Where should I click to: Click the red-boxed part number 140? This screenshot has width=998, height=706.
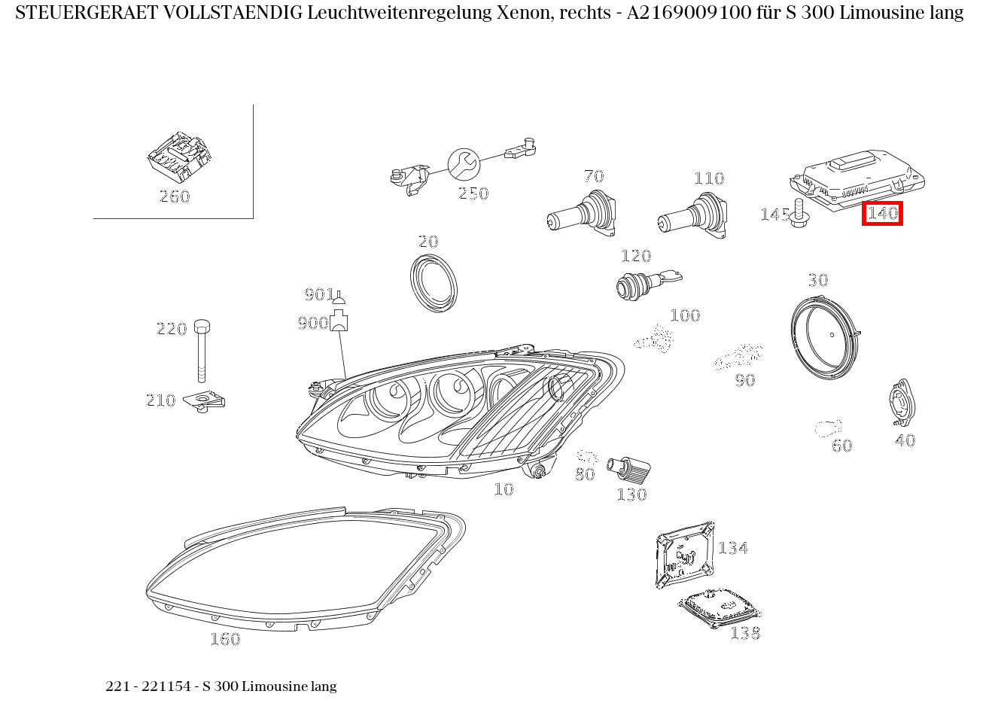[882, 214]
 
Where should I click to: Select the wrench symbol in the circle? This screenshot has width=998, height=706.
[463, 163]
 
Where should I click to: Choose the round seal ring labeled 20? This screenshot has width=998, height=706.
[434, 283]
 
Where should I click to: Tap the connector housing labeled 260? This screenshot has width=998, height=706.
[180, 157]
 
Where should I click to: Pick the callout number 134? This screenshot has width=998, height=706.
[732, 548]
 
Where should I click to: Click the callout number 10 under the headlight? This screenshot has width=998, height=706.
[504, 489]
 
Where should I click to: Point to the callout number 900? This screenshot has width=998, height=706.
[312, 323]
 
